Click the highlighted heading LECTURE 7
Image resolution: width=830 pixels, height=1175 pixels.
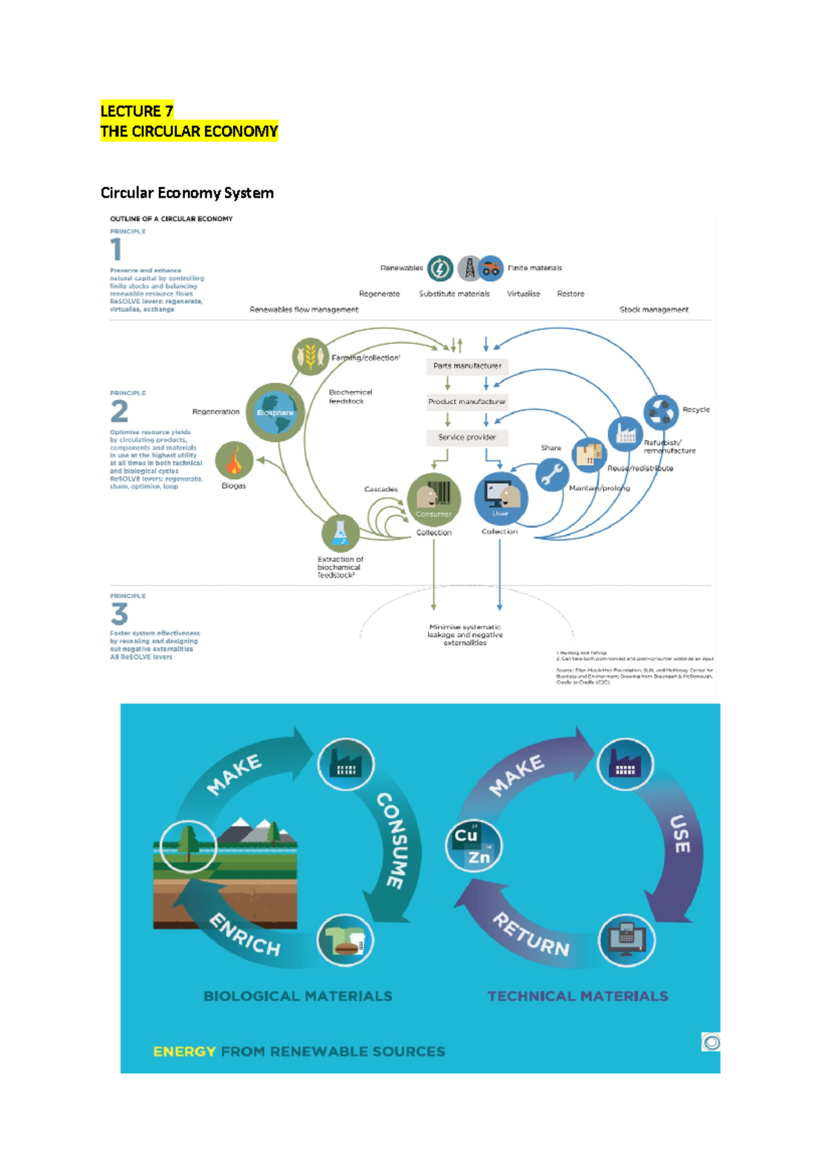[136, 111]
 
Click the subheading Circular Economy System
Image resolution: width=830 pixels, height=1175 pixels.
[187, 193]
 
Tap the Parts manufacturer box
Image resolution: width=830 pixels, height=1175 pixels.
[467, 365]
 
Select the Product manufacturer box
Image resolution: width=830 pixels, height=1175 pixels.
[467, 401]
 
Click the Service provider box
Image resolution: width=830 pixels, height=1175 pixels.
[467, 437]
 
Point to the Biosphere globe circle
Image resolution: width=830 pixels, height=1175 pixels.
[275, 412]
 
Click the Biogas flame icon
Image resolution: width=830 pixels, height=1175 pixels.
[234, 460]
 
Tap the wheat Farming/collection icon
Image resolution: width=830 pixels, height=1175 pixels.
[311, 356]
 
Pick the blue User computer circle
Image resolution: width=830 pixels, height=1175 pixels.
[501, 498]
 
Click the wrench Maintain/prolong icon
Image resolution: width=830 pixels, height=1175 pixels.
[552, 475]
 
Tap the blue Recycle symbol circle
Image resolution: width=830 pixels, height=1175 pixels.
[661, 412]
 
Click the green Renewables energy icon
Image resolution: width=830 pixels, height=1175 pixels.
[440, 268]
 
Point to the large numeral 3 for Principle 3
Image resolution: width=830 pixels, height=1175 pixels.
[119, 614]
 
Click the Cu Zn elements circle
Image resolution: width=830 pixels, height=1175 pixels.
[473, 846]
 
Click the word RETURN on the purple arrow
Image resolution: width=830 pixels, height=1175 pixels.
[531, 935]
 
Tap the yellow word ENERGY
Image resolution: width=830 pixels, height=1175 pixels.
[184, 1051]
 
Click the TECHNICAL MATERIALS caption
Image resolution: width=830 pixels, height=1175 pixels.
[578, 996]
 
